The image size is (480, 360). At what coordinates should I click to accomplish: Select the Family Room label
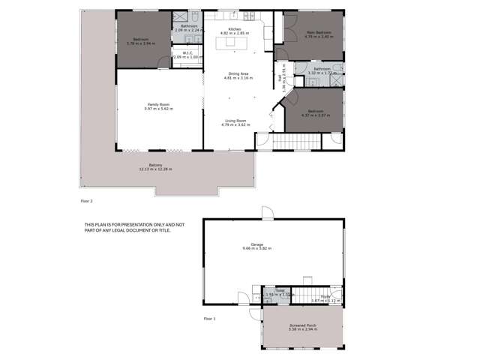tap(158, 104)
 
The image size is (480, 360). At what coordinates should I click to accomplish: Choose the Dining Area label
tap(238, 73)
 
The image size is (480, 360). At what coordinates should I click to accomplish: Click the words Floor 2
tap(86, 201)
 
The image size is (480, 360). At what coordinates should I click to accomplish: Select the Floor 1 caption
tap(210, 319)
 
